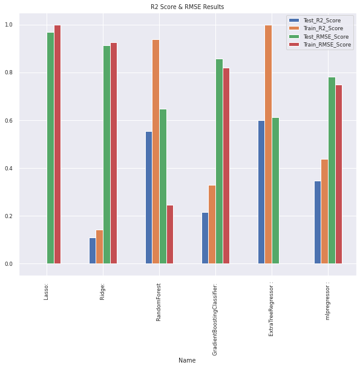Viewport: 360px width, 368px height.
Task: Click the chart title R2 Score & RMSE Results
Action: coord(187,7)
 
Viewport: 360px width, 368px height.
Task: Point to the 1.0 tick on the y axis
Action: coord(9,25)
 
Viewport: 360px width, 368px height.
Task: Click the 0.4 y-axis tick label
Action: coord(9,169)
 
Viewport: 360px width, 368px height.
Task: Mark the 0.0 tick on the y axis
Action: coord(9,264)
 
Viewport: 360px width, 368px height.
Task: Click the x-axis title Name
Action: coord(187,360)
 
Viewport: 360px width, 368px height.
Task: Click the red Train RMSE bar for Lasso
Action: coord(57,144)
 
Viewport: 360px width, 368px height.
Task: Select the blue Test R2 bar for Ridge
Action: coord(93,251)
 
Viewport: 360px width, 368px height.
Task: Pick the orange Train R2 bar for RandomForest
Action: coord(155,152)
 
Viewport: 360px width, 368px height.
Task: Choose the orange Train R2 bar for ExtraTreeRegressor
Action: coord(268,144)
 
